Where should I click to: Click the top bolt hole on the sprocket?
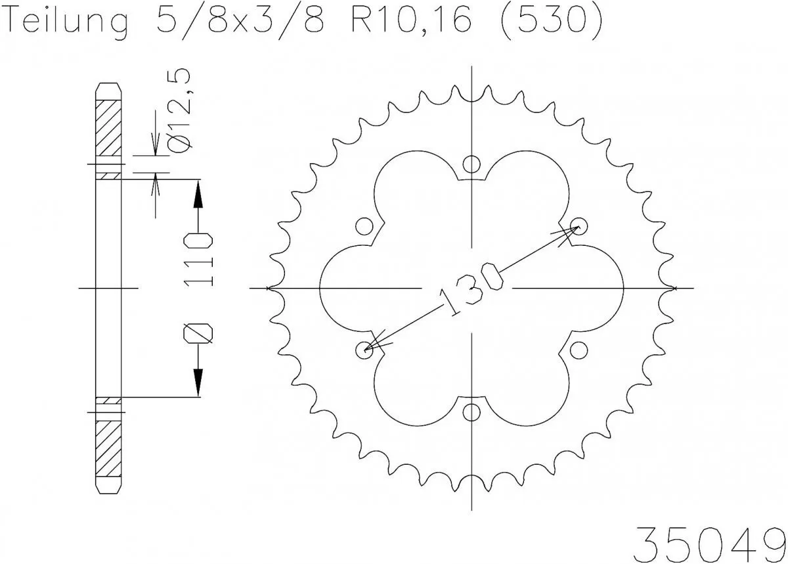tap(471, 164)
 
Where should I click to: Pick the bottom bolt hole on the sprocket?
tap(471, 412)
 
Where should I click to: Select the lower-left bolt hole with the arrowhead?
tap(364, 350)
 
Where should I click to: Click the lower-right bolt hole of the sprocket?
tap(579, 350)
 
